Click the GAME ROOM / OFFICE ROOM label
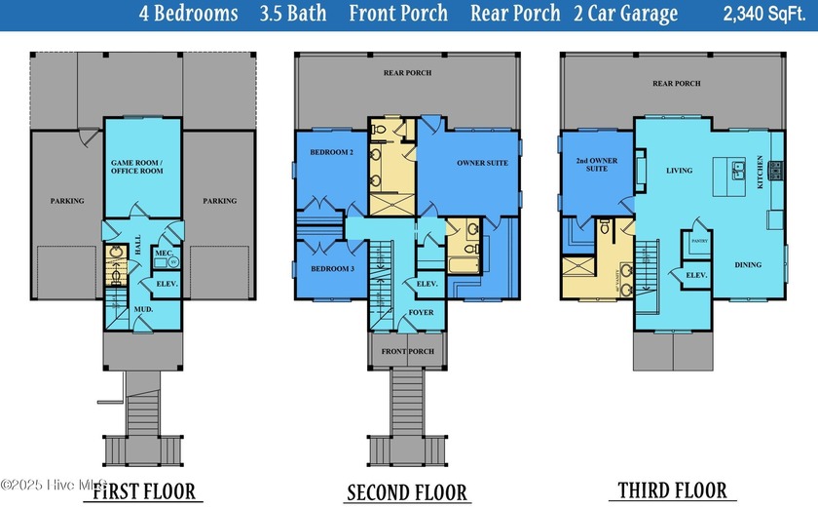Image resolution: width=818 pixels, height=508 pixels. [x=135, y=165]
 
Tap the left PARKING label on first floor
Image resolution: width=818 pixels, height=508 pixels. [x=67, y=201]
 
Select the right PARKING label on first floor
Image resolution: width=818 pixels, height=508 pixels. [x=219, y=201]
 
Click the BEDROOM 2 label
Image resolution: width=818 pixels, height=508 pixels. [x=330, y=153]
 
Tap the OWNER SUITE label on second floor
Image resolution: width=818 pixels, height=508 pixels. [x=482, y=163]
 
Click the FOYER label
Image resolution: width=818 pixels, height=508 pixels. [x=421, y=313]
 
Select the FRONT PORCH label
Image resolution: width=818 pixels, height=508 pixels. [x=407, y=349]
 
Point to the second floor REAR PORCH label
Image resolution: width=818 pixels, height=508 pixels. [x=407, y=73]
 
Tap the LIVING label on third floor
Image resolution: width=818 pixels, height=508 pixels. [x=679, y=171]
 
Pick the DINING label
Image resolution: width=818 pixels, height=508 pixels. [x=748, y=264]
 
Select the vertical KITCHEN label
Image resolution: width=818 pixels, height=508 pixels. [x=760, y=172]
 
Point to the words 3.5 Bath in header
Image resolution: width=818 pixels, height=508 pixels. [x=296, y=14]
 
